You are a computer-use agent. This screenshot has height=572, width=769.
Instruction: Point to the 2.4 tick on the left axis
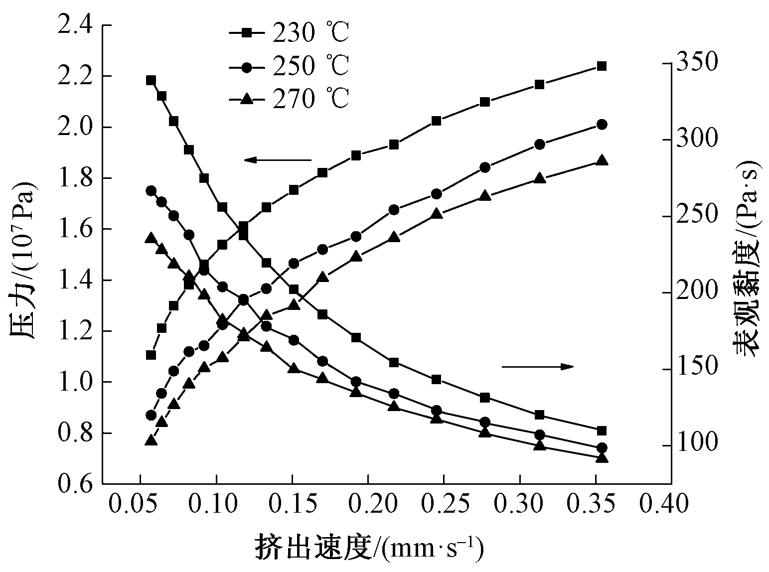(76, 25)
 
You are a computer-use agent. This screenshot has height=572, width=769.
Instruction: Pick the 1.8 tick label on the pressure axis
(76, 178)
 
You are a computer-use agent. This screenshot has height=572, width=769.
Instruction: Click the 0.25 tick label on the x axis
(444, 505)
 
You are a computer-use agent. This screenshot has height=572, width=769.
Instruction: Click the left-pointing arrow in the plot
(277, 160)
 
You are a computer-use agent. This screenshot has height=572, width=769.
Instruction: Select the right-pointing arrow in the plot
(538, 367)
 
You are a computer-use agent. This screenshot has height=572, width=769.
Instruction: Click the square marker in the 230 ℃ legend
(246, 33)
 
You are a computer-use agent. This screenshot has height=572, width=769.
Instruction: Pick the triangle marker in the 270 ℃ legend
(246, 99)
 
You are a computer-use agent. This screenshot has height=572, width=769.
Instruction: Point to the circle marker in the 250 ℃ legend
(246, 66)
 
